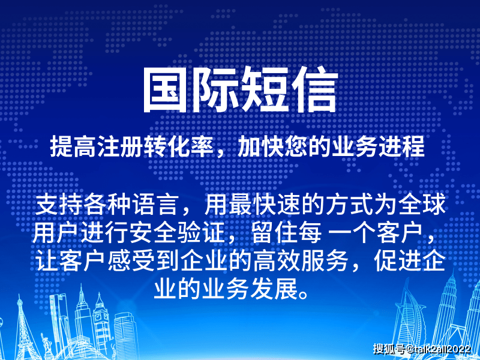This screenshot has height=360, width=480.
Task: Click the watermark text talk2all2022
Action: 442,349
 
